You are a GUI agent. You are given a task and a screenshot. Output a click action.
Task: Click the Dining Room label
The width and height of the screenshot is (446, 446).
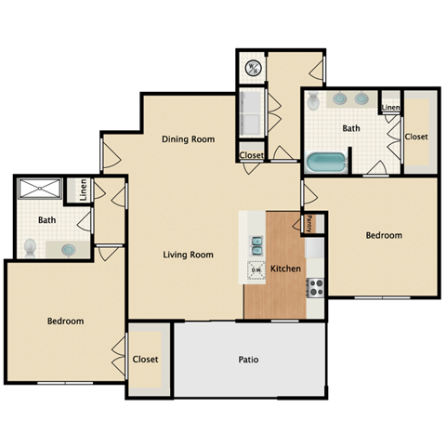(x=189, y=139)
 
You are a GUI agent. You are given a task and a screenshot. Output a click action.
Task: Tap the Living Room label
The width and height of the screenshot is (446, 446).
(x=189, y=255)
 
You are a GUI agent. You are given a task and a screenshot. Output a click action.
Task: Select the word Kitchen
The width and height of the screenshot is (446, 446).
(x=285, y=269)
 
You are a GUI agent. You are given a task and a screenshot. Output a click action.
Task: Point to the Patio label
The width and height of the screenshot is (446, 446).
(x=248, y=360)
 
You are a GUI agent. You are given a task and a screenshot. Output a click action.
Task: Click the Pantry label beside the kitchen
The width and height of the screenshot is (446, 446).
(x=309, y=223)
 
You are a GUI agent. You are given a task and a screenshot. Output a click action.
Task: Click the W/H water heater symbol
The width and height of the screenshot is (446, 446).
(x=253, y=67)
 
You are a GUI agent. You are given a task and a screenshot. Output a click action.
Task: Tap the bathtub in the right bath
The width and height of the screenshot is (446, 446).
(x=327, y=164)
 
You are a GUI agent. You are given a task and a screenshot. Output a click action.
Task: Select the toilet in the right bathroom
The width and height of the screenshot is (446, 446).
(x=314, y=101)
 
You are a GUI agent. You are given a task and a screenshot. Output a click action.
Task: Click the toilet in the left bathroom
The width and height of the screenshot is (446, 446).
(x=30, y=247)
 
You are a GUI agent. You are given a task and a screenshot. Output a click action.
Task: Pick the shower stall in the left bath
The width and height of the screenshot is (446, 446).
(x=41, y=190)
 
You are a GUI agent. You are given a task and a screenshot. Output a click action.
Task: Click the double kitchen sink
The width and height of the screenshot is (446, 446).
(x=256, y=245)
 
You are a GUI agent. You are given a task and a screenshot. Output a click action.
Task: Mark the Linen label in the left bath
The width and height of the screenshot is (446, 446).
(x=84, y=190)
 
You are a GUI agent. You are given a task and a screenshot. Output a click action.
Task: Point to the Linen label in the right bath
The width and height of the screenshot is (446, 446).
(x=390, y=108)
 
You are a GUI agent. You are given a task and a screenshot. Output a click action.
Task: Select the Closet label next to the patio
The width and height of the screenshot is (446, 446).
(x=146, y=359)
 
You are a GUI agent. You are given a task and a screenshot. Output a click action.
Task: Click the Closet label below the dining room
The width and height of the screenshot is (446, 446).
(x=251, y=155)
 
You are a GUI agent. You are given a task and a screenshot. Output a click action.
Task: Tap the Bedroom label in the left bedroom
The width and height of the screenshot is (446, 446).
(x=65, y=321)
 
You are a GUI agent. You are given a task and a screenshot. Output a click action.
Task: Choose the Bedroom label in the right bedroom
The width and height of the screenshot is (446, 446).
(x=384, y=236)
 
